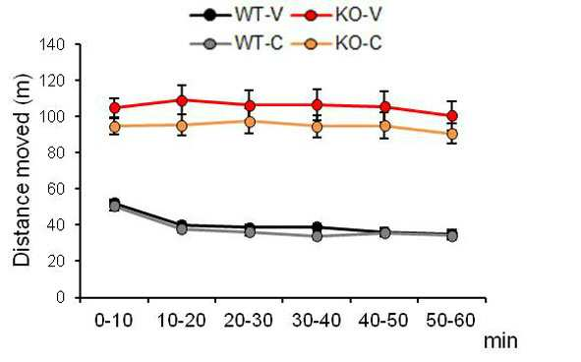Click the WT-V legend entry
click(x=237, y=16)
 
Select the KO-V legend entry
click(x=336, y=16)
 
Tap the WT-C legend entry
click(x=237, y=43)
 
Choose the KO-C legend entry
click(x=336, y=43)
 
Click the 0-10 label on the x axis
click(x=114, y=320)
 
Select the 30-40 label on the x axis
click(x=317, y=320)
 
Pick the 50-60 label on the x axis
click(x=450, y=320)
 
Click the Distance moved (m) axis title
click(x=22, y=169)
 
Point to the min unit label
click(x=500, y=340)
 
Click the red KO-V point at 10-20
click(x=182, y=100)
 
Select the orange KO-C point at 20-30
click(x=250, y=122)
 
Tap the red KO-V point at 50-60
click(x=452, y=116)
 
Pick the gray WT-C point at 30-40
click(x=318, y=236)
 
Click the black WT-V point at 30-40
click(x=318, y=227)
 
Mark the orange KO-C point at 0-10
click(x=115, y=128)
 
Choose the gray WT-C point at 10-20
click(x=182, y=229)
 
